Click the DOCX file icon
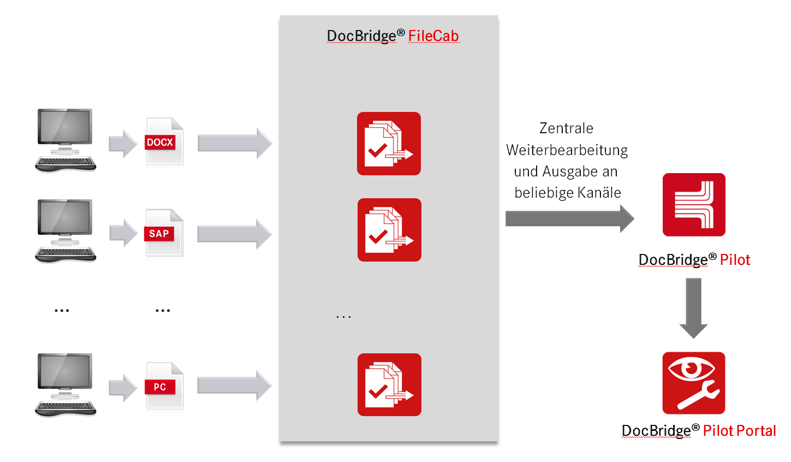pyautogui.click(x=164, y=141)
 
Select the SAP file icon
pyautogui.click(x=164, y=233)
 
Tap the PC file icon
pyautogui.click(x=164, y=386)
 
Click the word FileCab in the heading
pyautogui.click(x=433, y=36)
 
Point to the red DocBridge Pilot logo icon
pyautogui.click(x=694, y=205)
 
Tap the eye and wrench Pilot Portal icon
pyautogui.click(x=694, y=383)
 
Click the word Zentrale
pyautogui.click(x=566, y=128)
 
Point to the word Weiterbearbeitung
pyautogui.click(x=567, y=150)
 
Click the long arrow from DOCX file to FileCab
pyautogui.click(x=235, y=143)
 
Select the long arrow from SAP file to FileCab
pyautogui.click(x=235, y=234)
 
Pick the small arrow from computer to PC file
pyautogui.click(x=123, y=388)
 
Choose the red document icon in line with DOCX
pyautogui.click(x=389, y=144)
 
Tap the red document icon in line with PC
pyautogui.click(x=389, y=384)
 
